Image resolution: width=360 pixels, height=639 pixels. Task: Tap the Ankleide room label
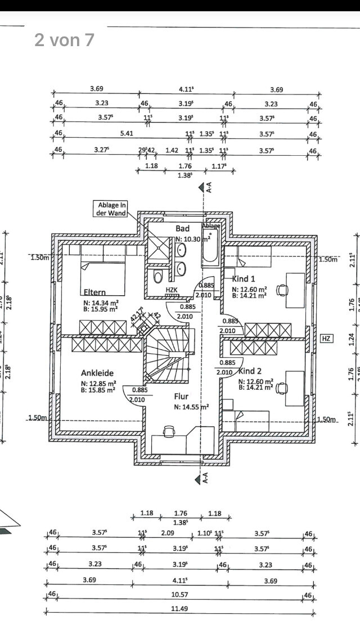click(x=97, y=372)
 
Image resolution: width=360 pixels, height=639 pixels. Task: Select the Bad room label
click(x=182, y=228)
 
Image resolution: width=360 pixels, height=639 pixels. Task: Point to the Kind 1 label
click(x=244, y=278)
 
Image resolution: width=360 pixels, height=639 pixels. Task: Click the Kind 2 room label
click(x=250, y=371)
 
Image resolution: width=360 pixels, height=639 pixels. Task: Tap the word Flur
click(x=181, y=396)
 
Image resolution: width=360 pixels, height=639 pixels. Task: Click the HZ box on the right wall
click(x=326, y=338)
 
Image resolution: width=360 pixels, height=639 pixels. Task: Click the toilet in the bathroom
click(x=158, y=276)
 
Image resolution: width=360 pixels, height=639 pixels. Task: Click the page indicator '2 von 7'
click(x=64, y=40)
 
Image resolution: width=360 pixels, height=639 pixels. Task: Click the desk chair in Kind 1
click(x=282, y=290)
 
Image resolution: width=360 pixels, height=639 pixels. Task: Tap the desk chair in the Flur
click(x=168, y=431)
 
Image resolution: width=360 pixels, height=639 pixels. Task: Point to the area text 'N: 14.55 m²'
click(x=191, y=407)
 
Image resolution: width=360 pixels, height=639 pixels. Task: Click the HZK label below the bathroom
click(x=172, y=290)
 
